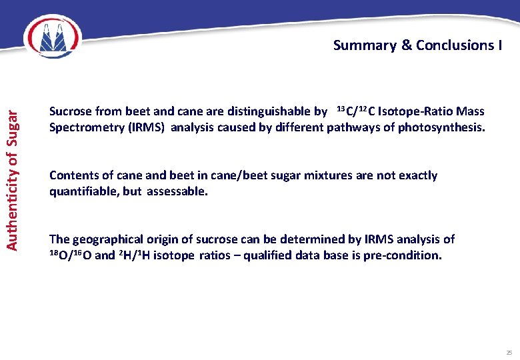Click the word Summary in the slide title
pyautogui.click(x=364, y=45)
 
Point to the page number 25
pyautogui.click(x=509, y=352)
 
